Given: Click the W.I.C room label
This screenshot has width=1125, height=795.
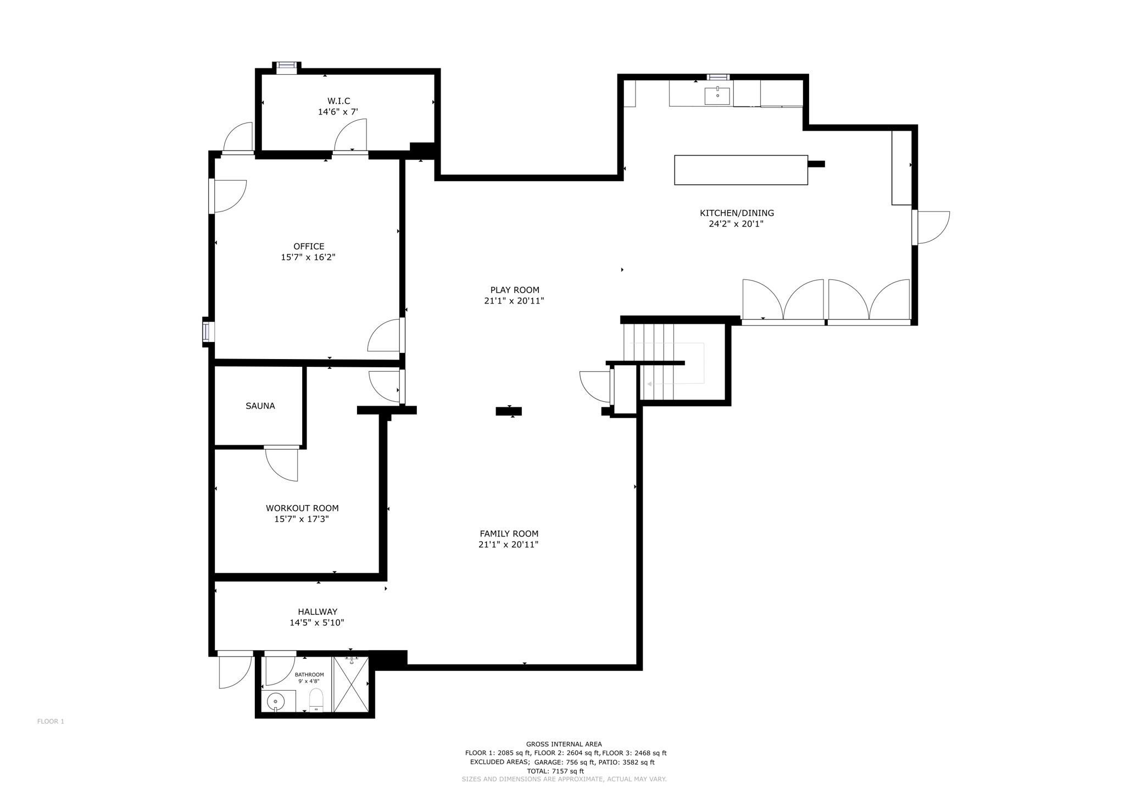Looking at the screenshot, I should [x=338, y=101].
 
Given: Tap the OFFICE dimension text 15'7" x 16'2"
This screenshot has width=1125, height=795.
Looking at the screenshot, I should [x=308, y=257].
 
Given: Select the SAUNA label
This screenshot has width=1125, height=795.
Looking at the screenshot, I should [x=260, y=406].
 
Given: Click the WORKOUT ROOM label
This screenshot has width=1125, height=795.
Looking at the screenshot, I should [x=302, y=508].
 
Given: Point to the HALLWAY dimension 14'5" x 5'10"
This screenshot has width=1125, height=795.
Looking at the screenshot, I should [x=317, y=623].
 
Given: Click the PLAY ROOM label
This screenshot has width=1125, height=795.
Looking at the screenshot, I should [x=515, y=290].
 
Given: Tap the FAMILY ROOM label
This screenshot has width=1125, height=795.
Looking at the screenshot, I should [x=509, y=533].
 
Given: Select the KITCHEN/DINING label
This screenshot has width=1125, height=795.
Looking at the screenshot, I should [x=737, y=213].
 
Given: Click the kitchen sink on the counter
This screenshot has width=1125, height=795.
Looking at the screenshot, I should [x=717, y=96].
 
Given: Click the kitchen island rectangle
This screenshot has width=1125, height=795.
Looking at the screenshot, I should [x=740, y=170].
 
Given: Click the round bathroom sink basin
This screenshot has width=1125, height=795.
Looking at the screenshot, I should [x=275, y=701].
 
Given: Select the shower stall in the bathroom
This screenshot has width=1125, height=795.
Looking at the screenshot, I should [x=351, y=685].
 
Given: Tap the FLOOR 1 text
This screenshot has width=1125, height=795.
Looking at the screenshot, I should [x=51, y=721].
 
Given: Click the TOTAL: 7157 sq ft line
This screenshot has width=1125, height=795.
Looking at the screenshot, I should [x=555, y=771].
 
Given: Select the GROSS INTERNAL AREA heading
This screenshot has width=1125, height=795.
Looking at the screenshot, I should [x=564, y=744].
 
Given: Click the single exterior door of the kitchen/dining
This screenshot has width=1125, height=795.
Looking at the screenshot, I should [x=932, y=227].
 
